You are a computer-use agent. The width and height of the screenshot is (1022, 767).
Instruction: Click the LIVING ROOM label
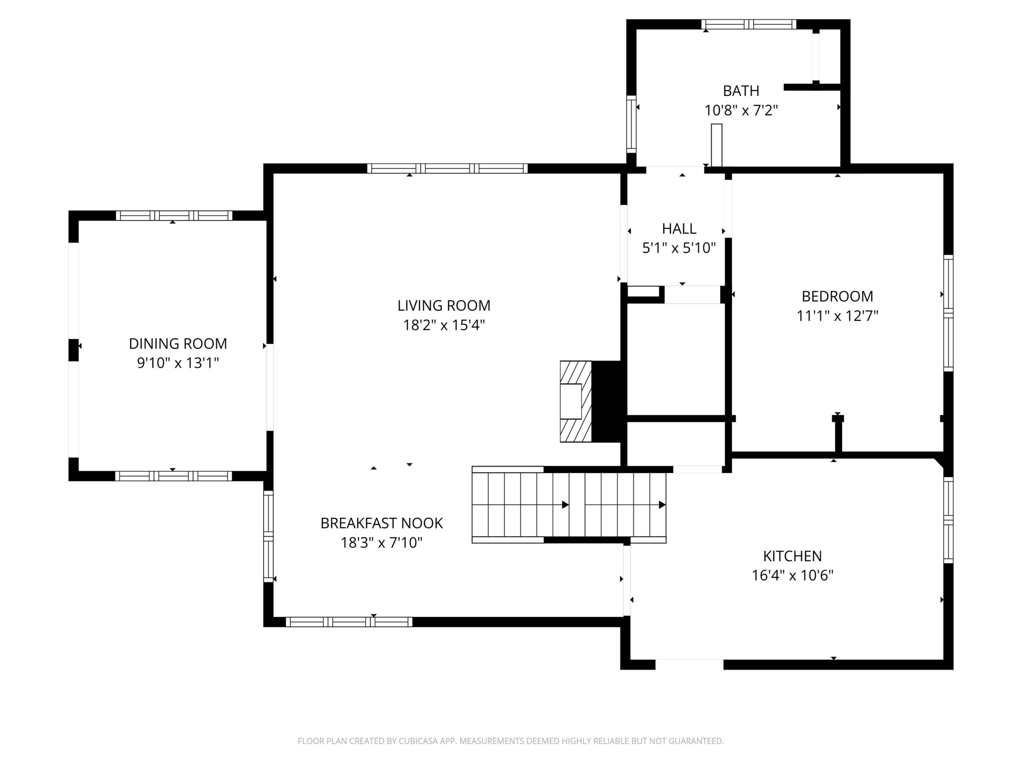[444, 306]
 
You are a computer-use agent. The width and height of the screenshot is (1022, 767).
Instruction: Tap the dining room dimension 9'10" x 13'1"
[178, 363]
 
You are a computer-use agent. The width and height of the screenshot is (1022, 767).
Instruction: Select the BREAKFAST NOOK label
[382, 523]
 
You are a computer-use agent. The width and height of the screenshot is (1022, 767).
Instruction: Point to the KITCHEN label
[792, 556]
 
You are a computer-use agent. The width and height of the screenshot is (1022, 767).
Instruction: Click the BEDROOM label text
[837, 296]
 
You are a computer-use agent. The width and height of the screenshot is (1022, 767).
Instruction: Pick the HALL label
[679, 229]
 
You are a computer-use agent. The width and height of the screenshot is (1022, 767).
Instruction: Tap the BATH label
[741, 91]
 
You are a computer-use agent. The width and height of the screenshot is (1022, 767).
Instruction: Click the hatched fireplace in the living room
[576, 401]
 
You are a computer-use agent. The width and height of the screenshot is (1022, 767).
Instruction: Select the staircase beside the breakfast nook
[569, 505]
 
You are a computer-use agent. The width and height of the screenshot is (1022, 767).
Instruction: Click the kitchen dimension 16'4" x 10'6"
[792, 576]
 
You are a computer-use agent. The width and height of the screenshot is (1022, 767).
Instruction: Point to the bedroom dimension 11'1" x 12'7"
[837, 316]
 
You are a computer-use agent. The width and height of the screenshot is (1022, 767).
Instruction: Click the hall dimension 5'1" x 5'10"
[679, 248]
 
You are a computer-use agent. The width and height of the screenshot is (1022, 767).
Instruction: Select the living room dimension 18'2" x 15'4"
[444, 325]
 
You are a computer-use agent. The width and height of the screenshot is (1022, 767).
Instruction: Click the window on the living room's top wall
[447, 168]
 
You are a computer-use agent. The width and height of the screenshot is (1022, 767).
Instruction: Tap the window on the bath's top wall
[749, 24]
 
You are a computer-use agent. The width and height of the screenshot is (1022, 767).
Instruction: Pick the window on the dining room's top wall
[174, 215]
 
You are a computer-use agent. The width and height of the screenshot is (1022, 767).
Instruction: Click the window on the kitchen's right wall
[948, 520]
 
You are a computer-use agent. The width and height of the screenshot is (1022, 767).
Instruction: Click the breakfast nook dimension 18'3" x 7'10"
[382, 542]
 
